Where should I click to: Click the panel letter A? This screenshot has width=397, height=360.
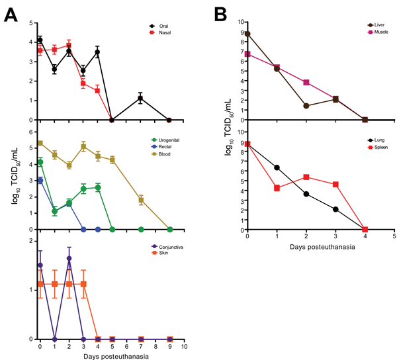(12, 13)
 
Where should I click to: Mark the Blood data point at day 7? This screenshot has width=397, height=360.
(141, 200)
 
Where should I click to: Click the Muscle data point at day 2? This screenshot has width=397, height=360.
(306, 83)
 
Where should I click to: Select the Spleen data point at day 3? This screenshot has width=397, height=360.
(335, 185)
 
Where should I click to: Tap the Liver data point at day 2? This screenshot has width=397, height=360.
(306, 106)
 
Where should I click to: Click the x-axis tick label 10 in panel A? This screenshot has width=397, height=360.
(185, 347)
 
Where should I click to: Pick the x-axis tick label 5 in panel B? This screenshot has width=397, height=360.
(394, 236)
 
